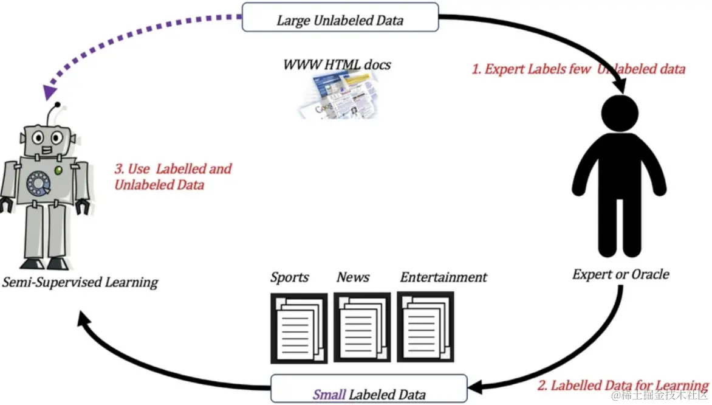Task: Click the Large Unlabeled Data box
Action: pyautogui.click(x=340, y=17)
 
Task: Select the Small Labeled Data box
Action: pyautogui.click(x=369, y=389)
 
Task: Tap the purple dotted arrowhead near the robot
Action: pyautogui.click(x=49, y=92)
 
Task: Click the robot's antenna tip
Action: pyautogui.click(x=58, y=105)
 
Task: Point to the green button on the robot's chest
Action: pyautogui.click(x=58, y=170)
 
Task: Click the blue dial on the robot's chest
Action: pyautogui.click(x=38, y=184)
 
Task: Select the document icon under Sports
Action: pyautogui.click(x=299, y=328)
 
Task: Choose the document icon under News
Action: pyautogui.click(x=362, y=327)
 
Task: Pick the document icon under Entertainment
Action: pyautogui.click(x=425, y=327)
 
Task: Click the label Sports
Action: pyautogui.click(x=290, y=277)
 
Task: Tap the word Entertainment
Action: pyautogui.click(x=443, y=277)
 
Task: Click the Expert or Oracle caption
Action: pyautogui.click(x=620, y=274)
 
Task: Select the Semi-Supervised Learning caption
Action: pyautogui.click(x=80, y=282)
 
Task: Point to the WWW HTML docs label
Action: pyautogui.click(x=337, y=64)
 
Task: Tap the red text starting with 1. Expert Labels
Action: pyautogui.click(x=578, y=69)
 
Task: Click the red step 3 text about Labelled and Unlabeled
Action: pyautogui.click(x=173, y=177)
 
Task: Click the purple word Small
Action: pyautogui.click(x=330, y=394)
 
